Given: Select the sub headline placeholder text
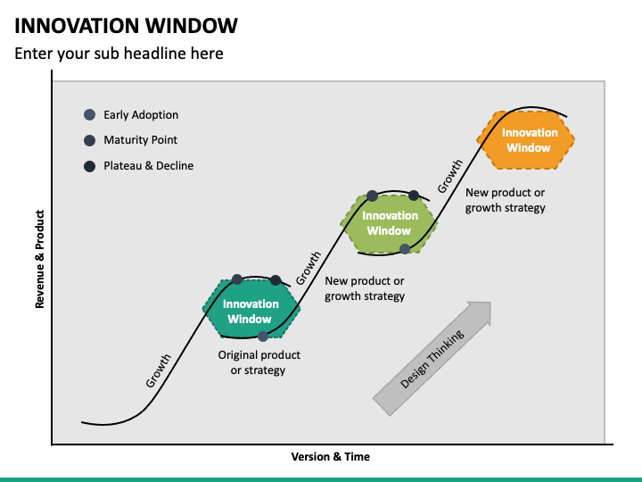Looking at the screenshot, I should coord(119,54).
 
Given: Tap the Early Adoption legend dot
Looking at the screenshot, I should coord(89,115).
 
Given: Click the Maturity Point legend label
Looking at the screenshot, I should coord(140,140).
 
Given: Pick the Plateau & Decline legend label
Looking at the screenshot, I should coord(148,166).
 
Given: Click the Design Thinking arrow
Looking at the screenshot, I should coord(432,357).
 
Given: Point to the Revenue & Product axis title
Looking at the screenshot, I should coord(39,260).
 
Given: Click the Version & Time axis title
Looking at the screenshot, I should coord(330,457).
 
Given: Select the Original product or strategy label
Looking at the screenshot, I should coord(259,362).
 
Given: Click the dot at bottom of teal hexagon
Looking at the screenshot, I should coord(263,337).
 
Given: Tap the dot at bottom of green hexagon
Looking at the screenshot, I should coord(405,249).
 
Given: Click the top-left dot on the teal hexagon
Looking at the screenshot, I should coord(237,279).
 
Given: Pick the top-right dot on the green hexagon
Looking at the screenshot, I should coord(414,195).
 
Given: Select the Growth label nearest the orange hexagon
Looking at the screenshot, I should coord(450,177).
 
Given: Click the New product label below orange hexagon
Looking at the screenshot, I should coord(506,200).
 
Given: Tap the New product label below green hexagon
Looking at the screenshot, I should coord(365,288).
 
